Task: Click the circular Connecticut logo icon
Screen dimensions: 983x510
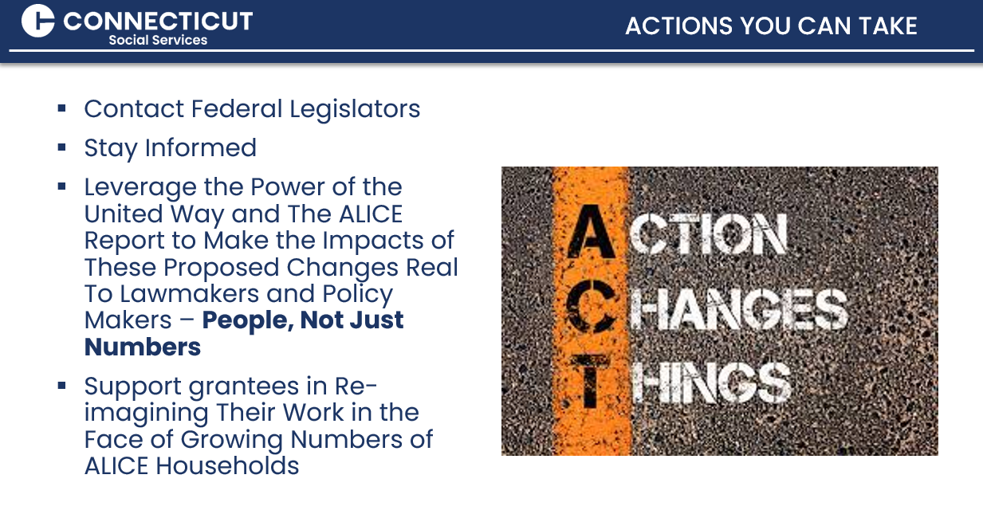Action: coord(37,21)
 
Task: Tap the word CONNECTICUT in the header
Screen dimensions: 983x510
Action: coord(158,21)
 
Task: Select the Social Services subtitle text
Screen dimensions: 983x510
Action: coord(158,40)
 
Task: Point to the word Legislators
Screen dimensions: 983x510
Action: coord(355,109)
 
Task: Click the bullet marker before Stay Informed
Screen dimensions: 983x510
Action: coord(61,147)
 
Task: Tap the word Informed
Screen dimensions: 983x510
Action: coord(201,147)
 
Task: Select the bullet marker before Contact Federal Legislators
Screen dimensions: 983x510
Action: coord(61,108)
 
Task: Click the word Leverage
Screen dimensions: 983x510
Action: coord(140,188)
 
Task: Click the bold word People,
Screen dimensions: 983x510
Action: coord(248,320)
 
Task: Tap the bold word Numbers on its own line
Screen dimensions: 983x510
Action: coord(143,347)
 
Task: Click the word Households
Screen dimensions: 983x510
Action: coord(227,465)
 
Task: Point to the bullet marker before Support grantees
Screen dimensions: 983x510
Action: coord(61,386)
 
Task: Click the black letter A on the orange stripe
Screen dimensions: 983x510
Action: coord(591,231)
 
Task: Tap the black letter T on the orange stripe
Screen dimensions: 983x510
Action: coord(591,382)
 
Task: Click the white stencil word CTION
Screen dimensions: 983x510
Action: coord(708,233)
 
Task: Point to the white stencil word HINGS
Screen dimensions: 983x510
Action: coord(711,382)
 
